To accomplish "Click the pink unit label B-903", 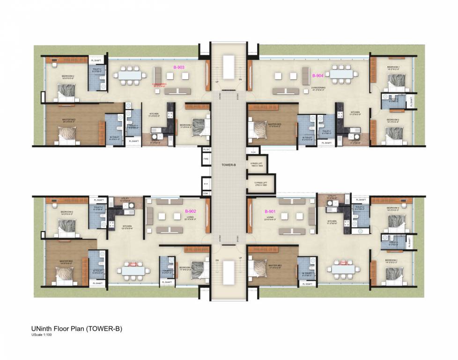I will [179, 67].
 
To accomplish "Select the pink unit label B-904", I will [318, 75].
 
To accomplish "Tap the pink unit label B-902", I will [190, 211].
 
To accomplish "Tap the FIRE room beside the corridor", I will [206, 159].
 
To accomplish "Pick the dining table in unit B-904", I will [341, 74].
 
